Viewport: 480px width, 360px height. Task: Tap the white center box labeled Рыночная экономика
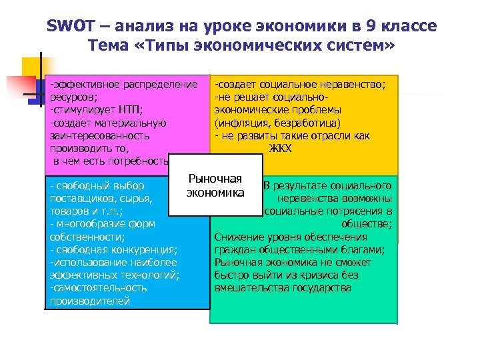coord(215,185)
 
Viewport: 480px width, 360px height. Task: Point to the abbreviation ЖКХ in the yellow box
coord(280,148)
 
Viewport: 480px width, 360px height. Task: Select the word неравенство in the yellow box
coord(353,85)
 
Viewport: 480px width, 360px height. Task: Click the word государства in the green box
coord(317,288)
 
